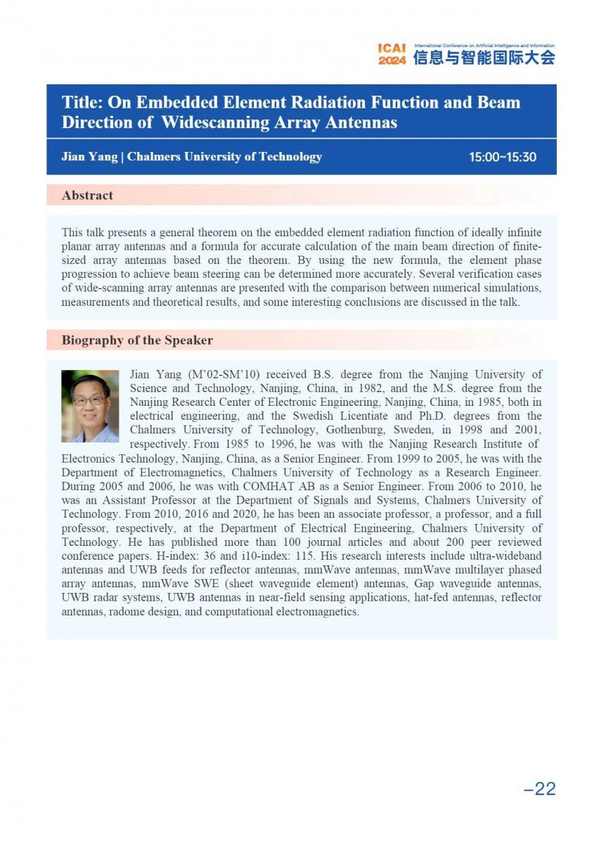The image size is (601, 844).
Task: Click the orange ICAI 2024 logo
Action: (392, 54)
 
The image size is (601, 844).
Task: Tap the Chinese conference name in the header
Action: (484, 58)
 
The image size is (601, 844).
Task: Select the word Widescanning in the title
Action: (211, 122)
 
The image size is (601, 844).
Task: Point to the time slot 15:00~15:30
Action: (503, 157)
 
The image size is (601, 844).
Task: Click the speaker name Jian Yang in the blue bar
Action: (89, 157)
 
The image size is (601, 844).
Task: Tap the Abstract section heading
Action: (87, 196)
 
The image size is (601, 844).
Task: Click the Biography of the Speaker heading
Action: (137, 340)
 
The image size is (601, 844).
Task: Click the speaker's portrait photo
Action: (90, 406)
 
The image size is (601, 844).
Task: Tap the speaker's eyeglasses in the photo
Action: (89, 400)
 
